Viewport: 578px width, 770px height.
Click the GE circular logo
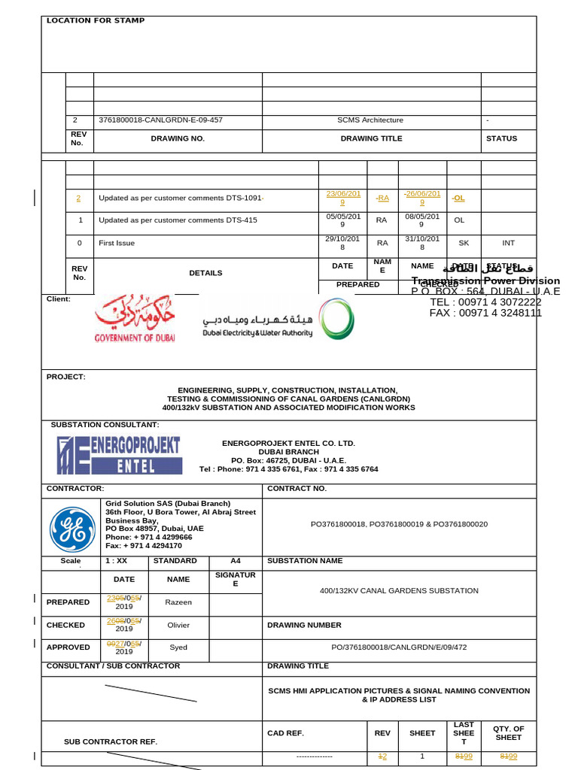72,529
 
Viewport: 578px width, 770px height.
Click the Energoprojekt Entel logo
118,456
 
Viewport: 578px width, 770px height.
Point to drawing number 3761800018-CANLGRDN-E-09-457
160,120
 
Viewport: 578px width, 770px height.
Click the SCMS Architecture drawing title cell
370,120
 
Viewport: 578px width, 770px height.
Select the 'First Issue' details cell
117,244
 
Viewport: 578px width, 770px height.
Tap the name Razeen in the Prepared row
178,602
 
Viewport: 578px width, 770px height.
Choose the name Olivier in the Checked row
178,625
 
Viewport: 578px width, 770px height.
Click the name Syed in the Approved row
178,647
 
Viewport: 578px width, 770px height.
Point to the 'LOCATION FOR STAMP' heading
96,21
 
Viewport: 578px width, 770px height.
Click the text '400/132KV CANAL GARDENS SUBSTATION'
399,591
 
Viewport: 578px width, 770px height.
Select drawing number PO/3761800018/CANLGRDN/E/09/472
399,647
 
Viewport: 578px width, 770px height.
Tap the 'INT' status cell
509,244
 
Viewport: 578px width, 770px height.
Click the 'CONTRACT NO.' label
297,489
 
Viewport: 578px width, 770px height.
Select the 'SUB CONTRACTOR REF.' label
111,742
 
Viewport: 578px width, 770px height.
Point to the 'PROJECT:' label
66,377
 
